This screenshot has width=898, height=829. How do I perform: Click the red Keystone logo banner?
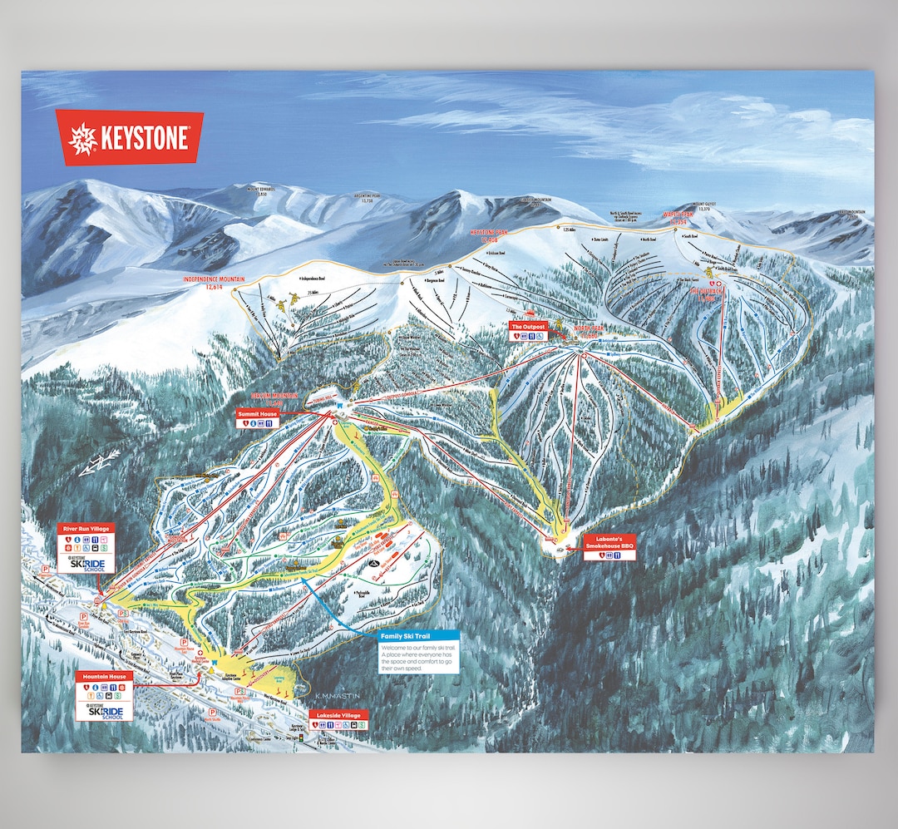coord(129,137)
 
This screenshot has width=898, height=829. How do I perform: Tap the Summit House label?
coord(257,412)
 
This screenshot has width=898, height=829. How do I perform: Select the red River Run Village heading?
coord(85,528)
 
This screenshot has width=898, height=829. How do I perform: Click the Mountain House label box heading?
coord(104,676)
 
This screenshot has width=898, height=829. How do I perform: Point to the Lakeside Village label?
coord(338,714)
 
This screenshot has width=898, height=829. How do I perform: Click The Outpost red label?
coord(528,328)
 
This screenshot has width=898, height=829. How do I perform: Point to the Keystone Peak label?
coord(494,235)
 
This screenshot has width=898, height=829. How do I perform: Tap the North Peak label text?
coord(586,329)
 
